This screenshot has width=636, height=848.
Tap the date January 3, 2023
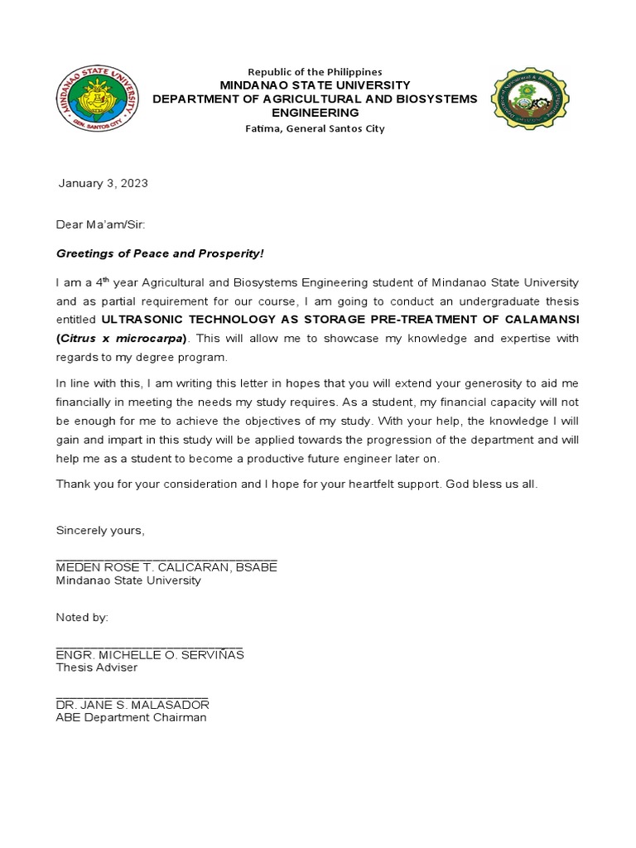pos(103,183)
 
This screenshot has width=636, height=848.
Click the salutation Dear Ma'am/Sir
pos(100,224)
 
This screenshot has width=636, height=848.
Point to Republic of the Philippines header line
pos(315,72)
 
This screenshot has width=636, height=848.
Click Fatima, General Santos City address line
pos(315,128)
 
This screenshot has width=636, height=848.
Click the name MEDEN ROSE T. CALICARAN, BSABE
pos(166,567)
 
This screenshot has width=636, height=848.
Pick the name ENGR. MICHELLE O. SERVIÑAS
pos(150,655)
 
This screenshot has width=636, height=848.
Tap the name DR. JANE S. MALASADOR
pos(132,705)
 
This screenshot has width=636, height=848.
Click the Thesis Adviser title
pos(96,667)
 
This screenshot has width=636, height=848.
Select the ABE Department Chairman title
pos(131,717)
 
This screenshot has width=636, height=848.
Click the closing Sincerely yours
pos(99,530)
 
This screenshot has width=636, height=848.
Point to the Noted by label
pos(82,618)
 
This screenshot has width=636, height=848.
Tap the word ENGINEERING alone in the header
pos(315,113)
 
